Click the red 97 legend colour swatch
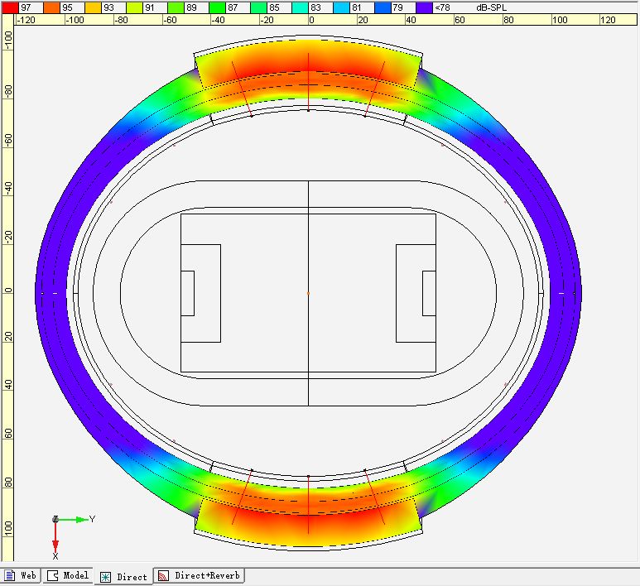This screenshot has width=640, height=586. point(10,7)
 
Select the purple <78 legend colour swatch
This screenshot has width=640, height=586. point(424,7)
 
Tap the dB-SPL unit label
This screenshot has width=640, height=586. point(491,7)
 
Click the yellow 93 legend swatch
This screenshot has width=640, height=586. point(93,7)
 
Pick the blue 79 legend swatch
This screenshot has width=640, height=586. point(383,7)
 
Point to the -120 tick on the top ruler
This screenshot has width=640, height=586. point(26,20)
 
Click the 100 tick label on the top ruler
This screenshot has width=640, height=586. point(560,20)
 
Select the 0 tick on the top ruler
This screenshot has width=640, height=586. point(311,20)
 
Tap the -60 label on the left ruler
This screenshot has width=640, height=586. point(7,140)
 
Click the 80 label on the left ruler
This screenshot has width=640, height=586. point(7,483)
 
